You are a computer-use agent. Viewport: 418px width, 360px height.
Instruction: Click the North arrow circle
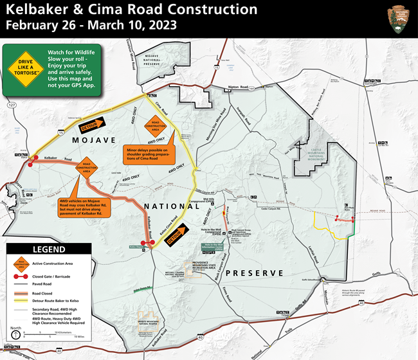tap(15, 336)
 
